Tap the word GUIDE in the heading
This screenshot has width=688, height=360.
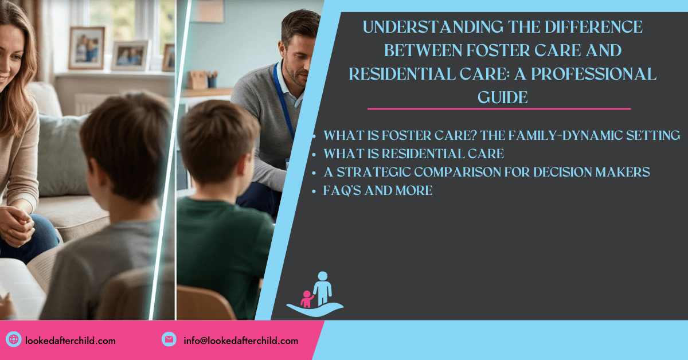click(x=503, y=97)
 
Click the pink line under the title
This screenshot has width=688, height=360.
click(x=499, y=109)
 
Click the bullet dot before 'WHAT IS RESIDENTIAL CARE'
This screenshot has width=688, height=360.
click(x=314, y=155)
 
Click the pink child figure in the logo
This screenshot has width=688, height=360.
click(x=307, y=299)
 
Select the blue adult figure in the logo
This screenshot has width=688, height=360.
click(x=322, y=288)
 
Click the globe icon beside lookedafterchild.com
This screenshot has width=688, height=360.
click(x=14, y=339)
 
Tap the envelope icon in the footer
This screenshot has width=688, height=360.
click(x=169, y=339)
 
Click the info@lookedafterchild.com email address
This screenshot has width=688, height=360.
click(x=241, y=341)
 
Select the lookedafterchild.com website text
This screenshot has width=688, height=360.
click(x=71, y=341)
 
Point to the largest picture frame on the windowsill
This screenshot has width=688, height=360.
click(x=87, y=48)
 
